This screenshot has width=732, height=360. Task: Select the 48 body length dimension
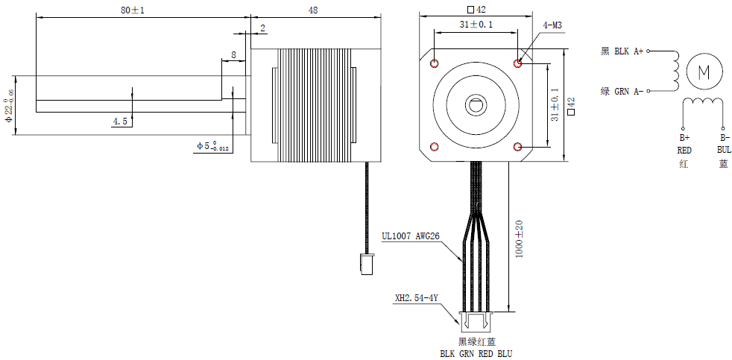pos(312,10)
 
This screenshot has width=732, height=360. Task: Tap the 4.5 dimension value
pos(120,121)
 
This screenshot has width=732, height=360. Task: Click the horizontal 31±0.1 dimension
pos(476,25)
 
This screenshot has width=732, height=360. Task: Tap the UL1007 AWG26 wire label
pos(411,237)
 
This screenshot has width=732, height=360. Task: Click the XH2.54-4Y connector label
pos(416,299)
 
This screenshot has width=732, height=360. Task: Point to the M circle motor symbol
pos(704,72)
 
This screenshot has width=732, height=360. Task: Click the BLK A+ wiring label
pos(622,51)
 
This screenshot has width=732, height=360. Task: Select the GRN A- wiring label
pos(622,92)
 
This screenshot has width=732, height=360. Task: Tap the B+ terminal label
pos(684,138)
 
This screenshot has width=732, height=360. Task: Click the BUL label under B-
pos(724,149)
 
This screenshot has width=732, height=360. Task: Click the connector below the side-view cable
pos(366,264)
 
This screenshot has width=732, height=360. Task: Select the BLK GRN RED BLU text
pos(476,353)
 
